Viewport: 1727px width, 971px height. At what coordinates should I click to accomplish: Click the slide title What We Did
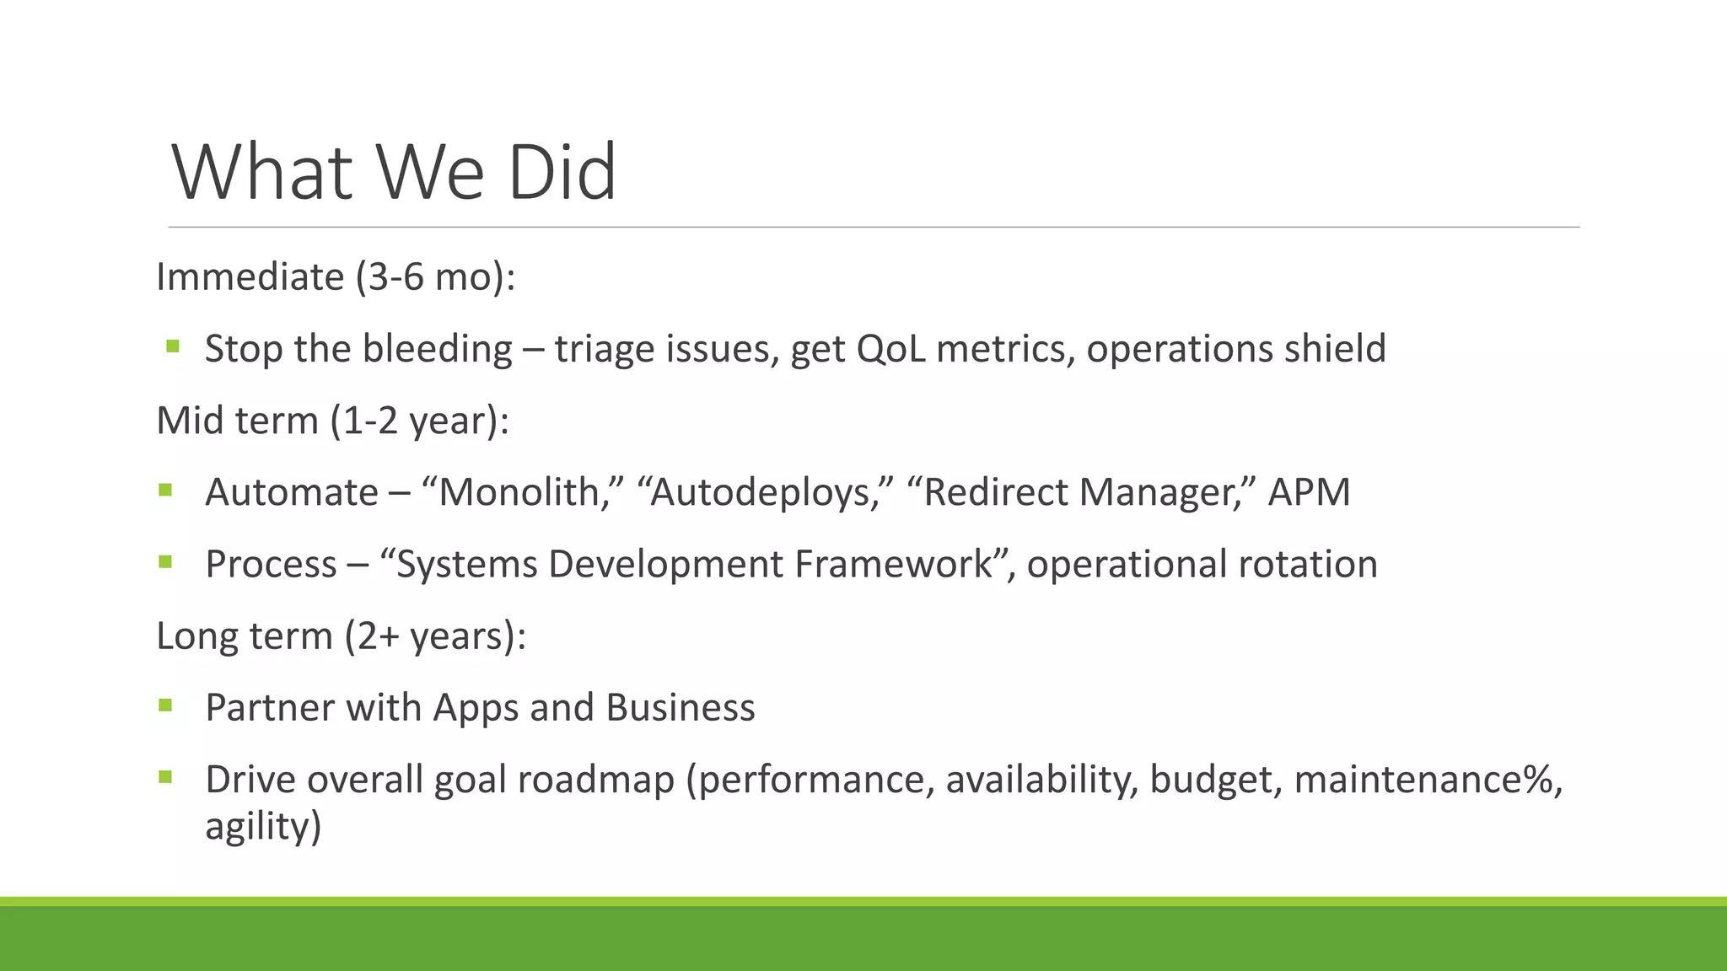[394, 173]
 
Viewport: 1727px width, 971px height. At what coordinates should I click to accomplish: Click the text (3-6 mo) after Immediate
[435, 277]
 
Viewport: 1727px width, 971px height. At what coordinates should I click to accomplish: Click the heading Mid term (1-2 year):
[333, 421]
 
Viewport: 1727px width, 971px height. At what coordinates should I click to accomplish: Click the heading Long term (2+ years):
[342, 636]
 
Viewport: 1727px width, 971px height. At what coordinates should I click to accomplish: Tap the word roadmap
[595, 779]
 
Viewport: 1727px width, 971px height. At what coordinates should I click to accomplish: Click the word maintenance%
[1424, 779]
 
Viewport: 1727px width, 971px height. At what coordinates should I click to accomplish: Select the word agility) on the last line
[263, 825]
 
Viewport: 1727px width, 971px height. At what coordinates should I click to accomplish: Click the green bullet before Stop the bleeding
[173, 346]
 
